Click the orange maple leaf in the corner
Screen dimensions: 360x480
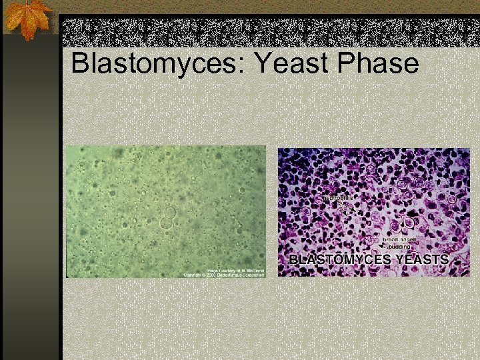click(27, 19)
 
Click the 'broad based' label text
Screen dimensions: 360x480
click(399, 239)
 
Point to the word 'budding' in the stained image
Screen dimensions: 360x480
click(399, 247)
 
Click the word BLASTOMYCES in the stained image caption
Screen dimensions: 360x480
click(339, 259)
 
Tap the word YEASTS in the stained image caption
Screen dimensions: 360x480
click(421, 259)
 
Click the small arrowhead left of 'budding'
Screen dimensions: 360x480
click(383, 247)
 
